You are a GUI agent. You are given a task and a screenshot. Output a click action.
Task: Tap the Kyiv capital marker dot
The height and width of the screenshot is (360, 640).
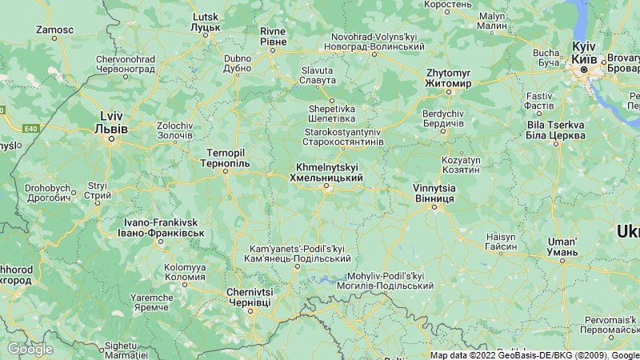click(x=584, y=70)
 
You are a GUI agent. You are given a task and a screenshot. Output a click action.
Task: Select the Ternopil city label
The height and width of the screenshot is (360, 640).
click(x=225, y=158)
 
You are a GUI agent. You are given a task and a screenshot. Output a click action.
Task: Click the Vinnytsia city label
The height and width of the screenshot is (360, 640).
click(x=434, y=193)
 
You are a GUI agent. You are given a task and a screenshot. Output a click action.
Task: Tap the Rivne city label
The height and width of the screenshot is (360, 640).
click(x=273, y=36)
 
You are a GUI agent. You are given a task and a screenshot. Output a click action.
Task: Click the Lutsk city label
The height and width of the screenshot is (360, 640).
click(x=206, y=22)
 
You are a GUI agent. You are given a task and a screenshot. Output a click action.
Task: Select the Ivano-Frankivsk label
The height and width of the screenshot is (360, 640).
click(x=160, y=227)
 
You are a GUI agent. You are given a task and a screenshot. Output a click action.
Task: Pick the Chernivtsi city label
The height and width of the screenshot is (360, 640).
click(x=249, y=298)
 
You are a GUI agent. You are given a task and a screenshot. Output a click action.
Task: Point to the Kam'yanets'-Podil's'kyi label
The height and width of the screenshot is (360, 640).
click(x=297, y=254)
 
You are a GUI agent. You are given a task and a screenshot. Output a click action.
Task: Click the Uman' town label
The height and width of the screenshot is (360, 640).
click(x=562, y=246)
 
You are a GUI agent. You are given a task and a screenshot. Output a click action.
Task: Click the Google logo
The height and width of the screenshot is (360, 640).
click(x=30, y=349)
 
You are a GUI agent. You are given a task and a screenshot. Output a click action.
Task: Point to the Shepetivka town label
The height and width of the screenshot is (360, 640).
click(x=332, y=114)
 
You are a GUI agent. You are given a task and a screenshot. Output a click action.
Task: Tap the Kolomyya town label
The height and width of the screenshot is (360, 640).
click(x=185, y=272)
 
